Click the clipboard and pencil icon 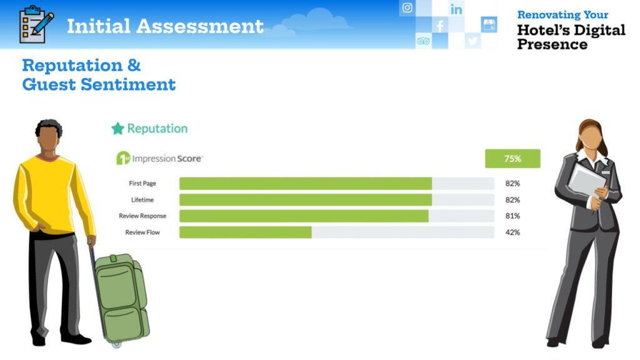[36, 24]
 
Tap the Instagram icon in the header [407, 7]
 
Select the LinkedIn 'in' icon [456, 9]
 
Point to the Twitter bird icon [472, 41]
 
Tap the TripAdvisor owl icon [423, 41]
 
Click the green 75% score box [512, 158]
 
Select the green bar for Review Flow [245, 232]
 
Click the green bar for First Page [306, 183]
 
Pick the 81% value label [512, 216]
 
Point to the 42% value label [512, 232]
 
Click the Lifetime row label [142, 199]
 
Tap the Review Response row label [142, 216]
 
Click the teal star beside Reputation [117, 129]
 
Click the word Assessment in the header [200, 26]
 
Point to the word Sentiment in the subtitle [128, 84]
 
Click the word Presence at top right [552, 44]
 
